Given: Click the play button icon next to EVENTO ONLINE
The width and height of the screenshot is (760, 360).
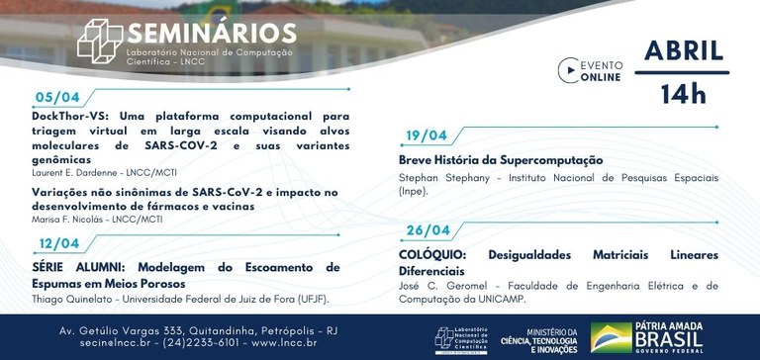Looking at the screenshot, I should click(x=567, y=70).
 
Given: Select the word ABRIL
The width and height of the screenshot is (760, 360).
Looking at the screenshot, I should click(x=685, y=50).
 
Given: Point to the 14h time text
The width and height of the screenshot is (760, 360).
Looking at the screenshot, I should click(x=684, y=93).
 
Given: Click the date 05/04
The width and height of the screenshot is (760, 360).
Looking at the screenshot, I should click(x=57, y=100).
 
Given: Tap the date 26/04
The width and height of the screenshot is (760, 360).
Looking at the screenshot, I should click(x=427, y=230).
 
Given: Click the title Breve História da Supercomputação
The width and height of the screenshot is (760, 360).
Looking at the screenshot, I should click(x=500, y=160).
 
